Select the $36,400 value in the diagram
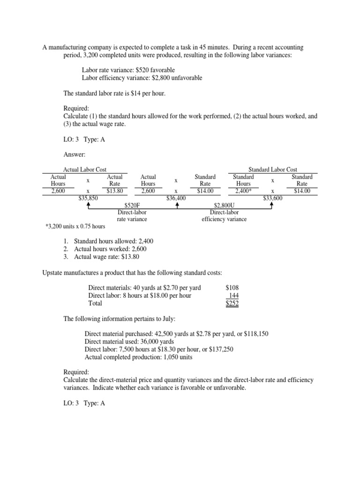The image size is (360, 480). (176, 198)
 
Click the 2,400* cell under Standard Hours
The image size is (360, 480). (244, 191)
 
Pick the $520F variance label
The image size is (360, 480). (132, 205)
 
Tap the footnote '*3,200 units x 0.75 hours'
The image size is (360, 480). (75, 227)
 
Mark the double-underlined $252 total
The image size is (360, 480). (232, 303)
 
